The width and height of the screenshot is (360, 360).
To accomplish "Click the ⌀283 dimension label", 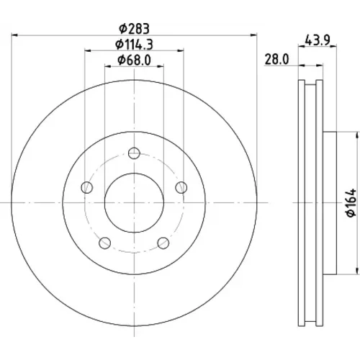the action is click(135, 29).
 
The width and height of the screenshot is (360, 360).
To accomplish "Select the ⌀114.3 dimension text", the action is click(135, 45).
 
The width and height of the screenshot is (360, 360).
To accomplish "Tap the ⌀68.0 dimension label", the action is click(135, 60).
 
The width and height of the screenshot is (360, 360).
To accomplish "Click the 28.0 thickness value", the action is click(276, 59).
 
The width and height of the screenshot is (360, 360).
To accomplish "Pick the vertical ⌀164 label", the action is click(351, 203).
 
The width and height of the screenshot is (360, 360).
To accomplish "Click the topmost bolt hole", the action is click(134, 153).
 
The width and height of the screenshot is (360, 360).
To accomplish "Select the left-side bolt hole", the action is click(87, 187).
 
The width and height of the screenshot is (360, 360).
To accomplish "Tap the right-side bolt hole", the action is click(181, 187).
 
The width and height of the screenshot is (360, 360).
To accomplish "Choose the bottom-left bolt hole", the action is click(105, 243).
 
